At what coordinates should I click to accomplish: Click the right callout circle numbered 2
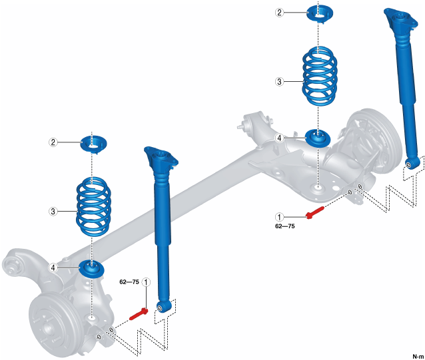pyautogui.click(x=280, y=12)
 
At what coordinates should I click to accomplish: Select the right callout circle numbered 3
pyautogui.click(x=280, y=81)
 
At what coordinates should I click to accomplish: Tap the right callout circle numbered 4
pyautogui.click(x=280, y=138)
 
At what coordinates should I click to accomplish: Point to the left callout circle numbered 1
pyautogui.click(x=146, y=282)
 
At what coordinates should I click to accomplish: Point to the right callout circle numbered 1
pyautogui.click(x=280, y=216)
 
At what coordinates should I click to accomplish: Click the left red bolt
pyautogui.click(x=139, y=311)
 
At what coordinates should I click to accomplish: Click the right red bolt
pyautogui.click(x=314, y=212)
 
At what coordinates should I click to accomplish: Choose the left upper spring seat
pyautogui.click(x=93, y=142)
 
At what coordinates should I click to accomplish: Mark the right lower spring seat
pyautogui.click(x=318, y=137)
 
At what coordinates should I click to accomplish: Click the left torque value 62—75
pyautogui.click(x=129, y=282)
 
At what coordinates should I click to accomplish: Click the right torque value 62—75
pyautogui.click(x=284, y=226)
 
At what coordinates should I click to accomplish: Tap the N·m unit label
pyautogui.click(x=417, y=355)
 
